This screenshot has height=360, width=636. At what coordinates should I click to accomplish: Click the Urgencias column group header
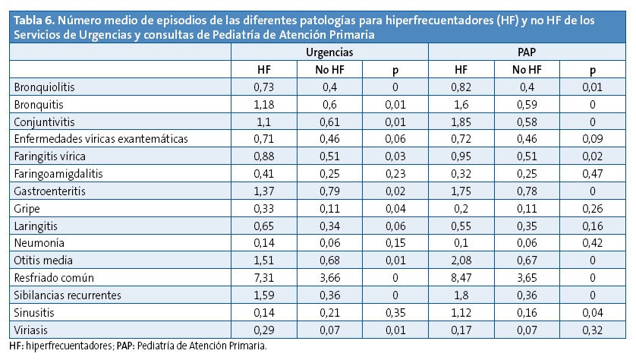[x=329, y=52]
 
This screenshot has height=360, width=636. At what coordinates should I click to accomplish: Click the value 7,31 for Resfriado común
[x=263, y=278]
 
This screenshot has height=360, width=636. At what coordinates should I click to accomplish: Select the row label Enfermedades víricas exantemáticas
[x=100, y=138]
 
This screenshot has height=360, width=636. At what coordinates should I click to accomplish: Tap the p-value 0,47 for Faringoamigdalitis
[x=593, y=173]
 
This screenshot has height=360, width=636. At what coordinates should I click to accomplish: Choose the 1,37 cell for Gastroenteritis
[x=263, y=191]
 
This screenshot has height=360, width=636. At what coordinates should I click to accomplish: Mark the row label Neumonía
[x=38, y=243]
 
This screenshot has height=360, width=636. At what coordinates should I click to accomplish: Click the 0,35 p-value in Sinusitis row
[x=395, y=312]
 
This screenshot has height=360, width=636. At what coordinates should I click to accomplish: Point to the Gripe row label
[x=26, y=208]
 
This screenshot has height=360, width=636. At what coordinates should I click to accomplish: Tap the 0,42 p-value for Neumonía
[x=593, y=243]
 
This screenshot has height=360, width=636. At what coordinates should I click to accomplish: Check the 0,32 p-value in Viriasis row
[x=593, y=330]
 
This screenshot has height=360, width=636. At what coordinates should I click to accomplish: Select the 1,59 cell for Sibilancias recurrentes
[x=263, y=295]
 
